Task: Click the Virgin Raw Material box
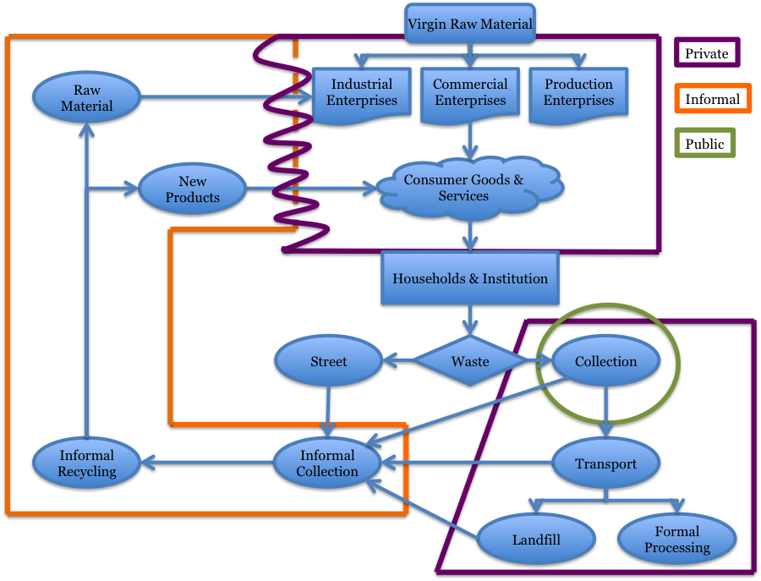[x=470, y=24]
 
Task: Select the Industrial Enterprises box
[x=362, y=93]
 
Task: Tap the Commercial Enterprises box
[x=470, y=93]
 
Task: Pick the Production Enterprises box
[x=578, y=93]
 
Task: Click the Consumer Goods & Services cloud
[x=469, y=188]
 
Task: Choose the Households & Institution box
[x=470, y=278]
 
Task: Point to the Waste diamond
[x=470, y=361]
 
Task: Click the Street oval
[x=328, y=361]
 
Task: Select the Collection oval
[x=605, y=361]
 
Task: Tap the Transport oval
[x=605, y=463]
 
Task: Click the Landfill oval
[x=536, y=540]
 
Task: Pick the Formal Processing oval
[x=676, y=540]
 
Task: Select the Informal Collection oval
[x=327, y=463]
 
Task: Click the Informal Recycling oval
[x=86, y=463]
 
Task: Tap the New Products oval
[x=192, y=189]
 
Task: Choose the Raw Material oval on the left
[x=86, y=97]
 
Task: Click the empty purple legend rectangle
[x=707, y=52]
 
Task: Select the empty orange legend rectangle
[x=712, y=98]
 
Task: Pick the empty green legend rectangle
[x=704, y=142]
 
